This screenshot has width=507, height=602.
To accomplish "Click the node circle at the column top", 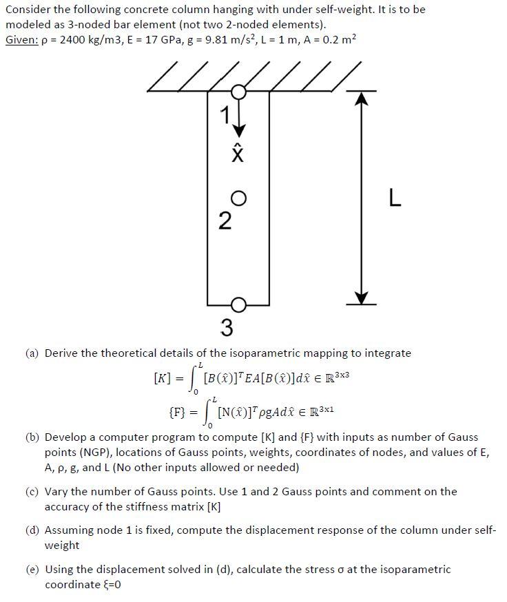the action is click(x=238, y=92).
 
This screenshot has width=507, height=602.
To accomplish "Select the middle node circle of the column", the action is click(x=238, y=198).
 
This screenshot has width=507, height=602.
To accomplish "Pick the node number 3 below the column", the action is click(x=227, y=326).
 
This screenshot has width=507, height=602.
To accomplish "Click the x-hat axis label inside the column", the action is click(x=238, y=153).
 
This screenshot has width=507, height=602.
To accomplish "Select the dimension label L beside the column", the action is click(x=394, y=199).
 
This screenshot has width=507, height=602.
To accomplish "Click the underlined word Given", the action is click(x=21, y=39).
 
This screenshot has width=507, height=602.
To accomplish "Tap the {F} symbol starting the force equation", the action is click(x=178, y=415).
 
